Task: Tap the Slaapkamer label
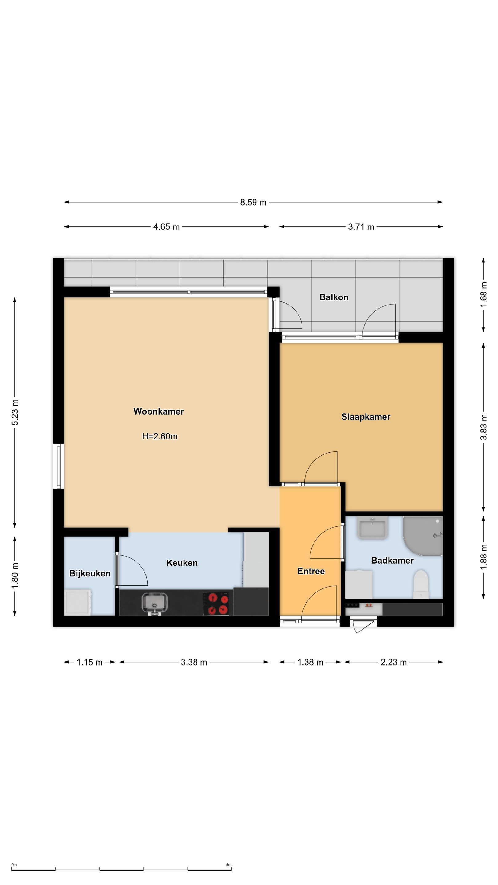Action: click(366, 417)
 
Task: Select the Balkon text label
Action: click(334, 297)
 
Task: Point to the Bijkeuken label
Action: click(90, 573)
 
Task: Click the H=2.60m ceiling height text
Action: click(160, 436)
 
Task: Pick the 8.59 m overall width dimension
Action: click(253, 203)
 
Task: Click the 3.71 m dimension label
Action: click(361, 227)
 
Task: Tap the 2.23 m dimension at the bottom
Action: click(393, 663)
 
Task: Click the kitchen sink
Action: click(155, 603)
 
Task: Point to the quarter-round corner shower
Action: click(422, 536)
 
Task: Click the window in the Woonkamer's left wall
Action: click(58, 466)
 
